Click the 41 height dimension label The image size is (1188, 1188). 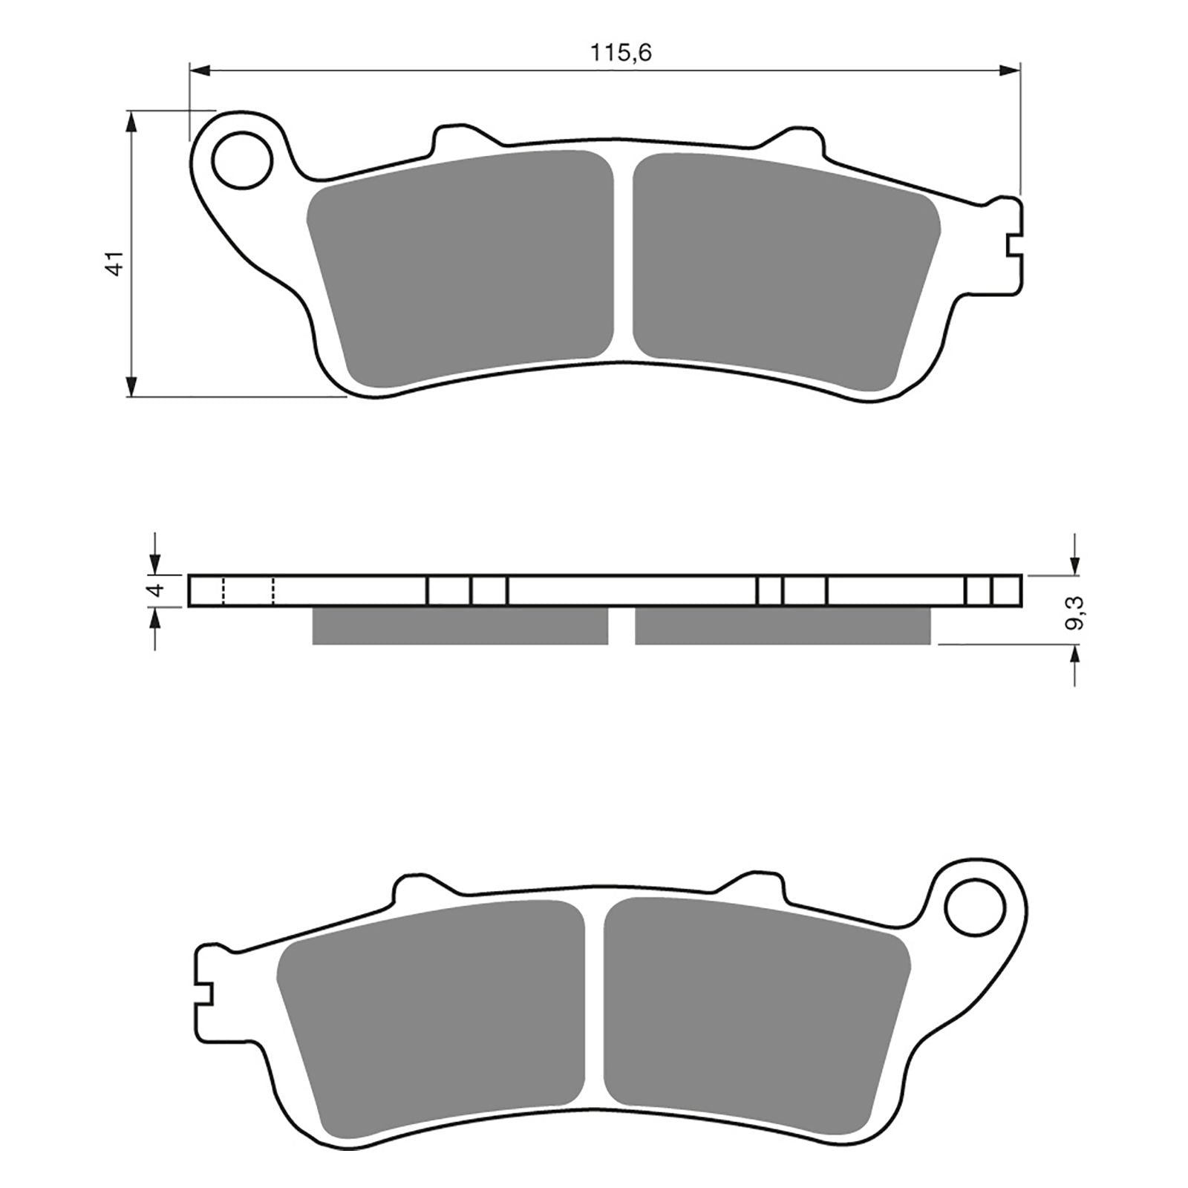point(115,264)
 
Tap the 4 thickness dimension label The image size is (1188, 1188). point(155,591)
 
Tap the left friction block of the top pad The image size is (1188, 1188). point(460,267)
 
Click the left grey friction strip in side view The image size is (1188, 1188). point(460,626)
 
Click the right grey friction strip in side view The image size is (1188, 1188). point(782,626)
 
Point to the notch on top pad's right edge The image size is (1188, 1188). point(1014,246)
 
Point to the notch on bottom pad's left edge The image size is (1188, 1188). point(205,994)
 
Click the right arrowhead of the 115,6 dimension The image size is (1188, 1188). point(1010,71)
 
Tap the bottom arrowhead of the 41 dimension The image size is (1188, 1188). point(131,386)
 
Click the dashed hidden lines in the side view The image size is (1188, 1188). point(248,591)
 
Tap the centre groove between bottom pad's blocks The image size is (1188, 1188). point(595,1006)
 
